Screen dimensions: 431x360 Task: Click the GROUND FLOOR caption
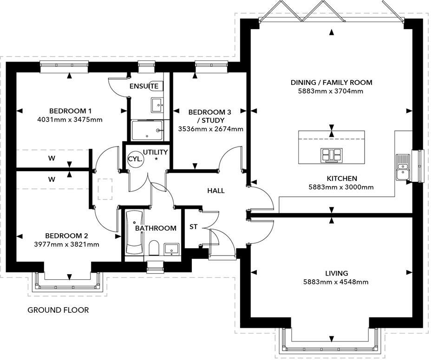pyautogui.click(x=58, y=310)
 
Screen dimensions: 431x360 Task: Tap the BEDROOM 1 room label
pyautogui.click(x=71, y=111)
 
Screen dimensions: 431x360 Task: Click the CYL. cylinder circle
pyautogui.click(x=136, y=159)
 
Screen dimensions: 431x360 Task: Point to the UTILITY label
pyautogui.click(x=156, y=152)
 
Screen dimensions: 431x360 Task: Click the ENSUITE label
pyautogui.click(x=144, y=86)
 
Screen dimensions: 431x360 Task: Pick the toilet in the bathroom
pyautogui.click(x=155, y=248)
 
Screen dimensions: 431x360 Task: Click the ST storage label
pyautogui.click(x=194, y=227)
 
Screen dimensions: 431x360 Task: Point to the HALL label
pyautogui.click(x=216, y=191)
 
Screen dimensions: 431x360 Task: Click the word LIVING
pyautogui.click(x=337, y=273)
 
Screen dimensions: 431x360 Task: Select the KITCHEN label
pyautogui.click(x=342, y=179)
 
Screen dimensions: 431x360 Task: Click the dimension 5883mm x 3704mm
pyautogui.click(x=331, y=91)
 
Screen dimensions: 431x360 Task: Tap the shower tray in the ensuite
pyautogui.click(x=146, y=130)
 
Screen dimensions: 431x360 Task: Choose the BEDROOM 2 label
pyautogui.click(x=66, y=236)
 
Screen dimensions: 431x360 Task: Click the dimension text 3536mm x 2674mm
pyautogui.click(x=211, y=129)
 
